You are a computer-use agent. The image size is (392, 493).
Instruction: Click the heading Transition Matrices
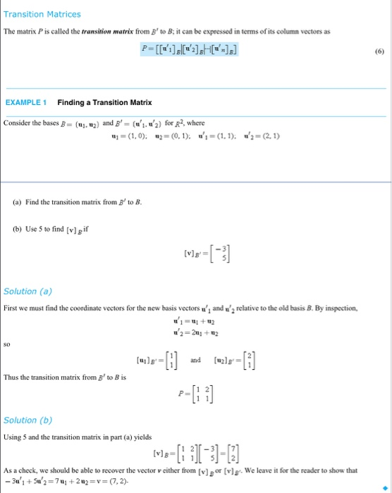[x=42, y=14]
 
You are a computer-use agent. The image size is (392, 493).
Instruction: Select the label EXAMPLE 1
[x=26, y=103]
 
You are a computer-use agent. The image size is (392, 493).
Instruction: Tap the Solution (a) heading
[x=28, y=291]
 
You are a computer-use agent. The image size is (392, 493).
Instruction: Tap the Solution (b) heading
[x=28, y=420]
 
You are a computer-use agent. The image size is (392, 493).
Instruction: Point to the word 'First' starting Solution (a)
[x=11, y=308]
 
